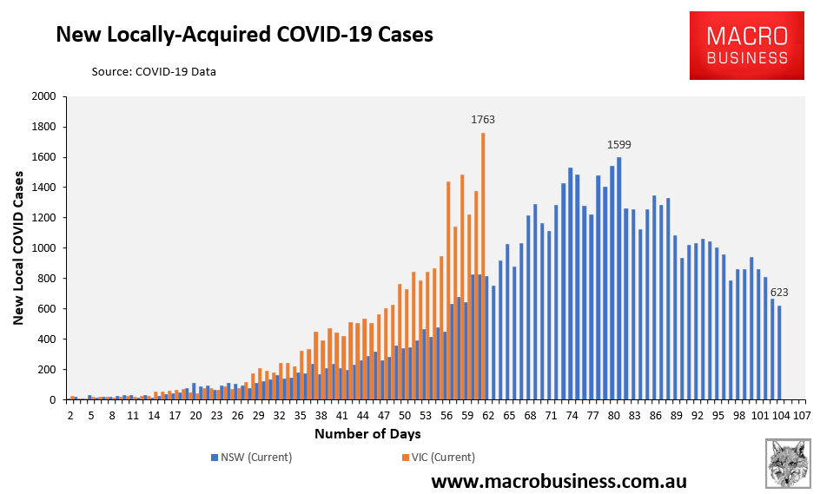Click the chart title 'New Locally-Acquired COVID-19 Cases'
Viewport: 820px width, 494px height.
coord(244,35)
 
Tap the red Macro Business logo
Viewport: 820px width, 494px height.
coord(747,47)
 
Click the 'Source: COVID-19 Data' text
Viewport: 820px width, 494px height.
coord(154,71)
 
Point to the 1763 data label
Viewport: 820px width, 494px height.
coord(483,120)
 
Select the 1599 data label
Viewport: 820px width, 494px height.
coord(618,144)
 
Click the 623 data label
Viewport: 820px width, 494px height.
coord(785,293)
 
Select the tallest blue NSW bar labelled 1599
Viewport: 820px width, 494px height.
coord(618,278)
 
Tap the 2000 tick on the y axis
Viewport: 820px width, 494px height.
coord(43,96)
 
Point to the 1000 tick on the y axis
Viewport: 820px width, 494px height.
coord(43,248)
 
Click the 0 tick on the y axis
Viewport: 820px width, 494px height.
coord(53,400)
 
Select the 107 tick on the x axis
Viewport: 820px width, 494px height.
coord(802,416)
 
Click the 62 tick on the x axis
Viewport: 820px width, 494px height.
coord(489,416)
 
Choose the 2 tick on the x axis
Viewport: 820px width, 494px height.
coord(71,416)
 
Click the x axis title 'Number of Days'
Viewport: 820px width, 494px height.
coord(367,433)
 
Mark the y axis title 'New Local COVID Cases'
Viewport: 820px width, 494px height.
coord(18,247)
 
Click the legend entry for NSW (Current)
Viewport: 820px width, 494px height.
coord(252,458)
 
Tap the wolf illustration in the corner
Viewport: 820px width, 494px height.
coord(788,463)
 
